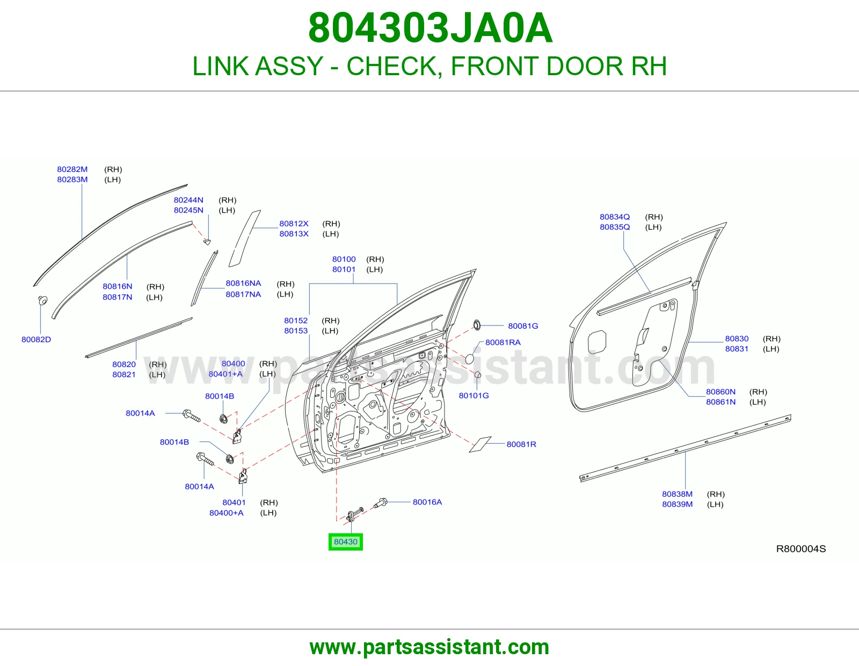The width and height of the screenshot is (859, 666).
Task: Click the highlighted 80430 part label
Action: (x=346, y=542)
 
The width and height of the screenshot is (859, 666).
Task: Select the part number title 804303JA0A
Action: (x=430, y=28)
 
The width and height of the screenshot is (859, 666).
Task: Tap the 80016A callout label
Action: (x=427, y=502)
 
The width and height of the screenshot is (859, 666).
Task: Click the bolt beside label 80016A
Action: (x=380, y=503)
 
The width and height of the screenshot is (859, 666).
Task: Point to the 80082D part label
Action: (x=37, y=339)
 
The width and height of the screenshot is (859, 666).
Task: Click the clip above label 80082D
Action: (x=42, y=301)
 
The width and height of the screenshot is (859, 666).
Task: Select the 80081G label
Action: (x=523, y=326)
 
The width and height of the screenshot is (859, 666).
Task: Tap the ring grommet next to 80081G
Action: (x=477, y=325)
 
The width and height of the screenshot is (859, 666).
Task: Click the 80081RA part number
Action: (x=503, y=342)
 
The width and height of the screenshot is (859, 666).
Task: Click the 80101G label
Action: (x=474, y=395)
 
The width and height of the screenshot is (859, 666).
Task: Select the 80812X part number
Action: (x=294, y=223)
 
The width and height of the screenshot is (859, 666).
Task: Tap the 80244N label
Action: (x=188, y=200)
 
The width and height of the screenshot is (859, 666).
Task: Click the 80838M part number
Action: (x=677, y=494)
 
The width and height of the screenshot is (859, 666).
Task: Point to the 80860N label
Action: (x=720, y=392)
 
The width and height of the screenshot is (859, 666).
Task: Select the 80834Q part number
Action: (x=615, y=217)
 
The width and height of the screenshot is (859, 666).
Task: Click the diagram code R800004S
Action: (x=801, y=548)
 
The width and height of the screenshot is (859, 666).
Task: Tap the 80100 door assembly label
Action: (x=344, y=259)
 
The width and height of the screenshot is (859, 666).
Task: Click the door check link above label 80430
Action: (x=354, y=515)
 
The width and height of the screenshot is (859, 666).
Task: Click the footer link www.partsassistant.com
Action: (x=429, y=647)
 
